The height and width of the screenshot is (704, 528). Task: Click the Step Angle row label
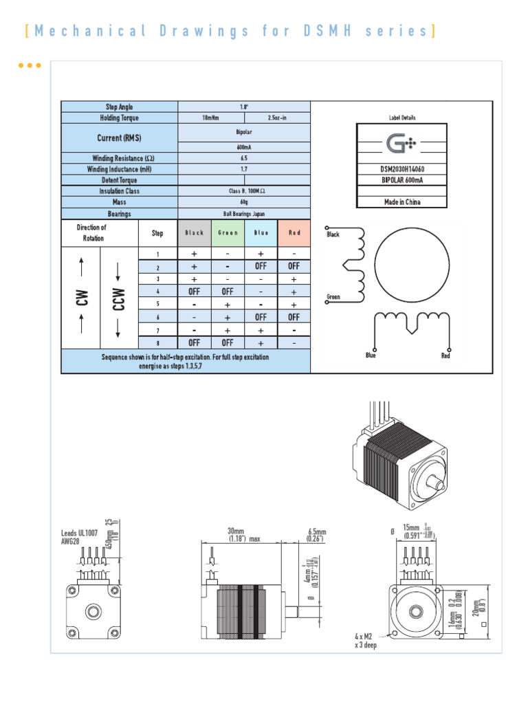coord(120,107)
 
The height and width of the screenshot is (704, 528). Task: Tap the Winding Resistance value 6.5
coord(244,158)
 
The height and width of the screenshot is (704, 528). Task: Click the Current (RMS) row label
coord(120,138)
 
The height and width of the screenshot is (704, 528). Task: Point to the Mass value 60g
coord(244,202)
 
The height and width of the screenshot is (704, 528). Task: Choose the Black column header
coord(195,233)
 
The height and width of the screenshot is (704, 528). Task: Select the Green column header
coord(228,233)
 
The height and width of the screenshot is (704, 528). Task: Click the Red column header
coord(294,233)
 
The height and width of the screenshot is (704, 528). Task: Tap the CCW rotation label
coord(119,299)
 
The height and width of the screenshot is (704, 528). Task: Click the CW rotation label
coord(82,299)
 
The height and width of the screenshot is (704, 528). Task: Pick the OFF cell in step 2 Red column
coord(294,266)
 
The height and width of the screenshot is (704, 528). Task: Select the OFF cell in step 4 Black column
coord(195,291)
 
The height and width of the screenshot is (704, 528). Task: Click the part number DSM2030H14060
coord(402,168)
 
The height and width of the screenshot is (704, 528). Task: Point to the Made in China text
coord(402,202)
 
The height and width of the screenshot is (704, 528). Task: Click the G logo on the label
coord(399,144)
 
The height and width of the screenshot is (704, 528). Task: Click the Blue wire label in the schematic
coord(372,355)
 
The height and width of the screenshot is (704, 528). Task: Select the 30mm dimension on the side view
coord(236,531)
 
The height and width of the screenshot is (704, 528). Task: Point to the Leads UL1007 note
coord(80,536)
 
